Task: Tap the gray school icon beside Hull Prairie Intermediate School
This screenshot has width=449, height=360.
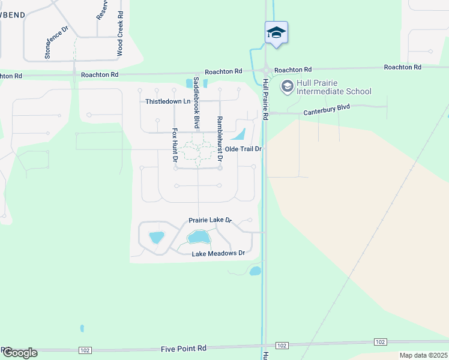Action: click(x=287, y=87)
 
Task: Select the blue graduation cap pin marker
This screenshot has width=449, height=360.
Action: click(x=276, y=32)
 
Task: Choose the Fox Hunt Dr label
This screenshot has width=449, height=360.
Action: click(x=175, y=145)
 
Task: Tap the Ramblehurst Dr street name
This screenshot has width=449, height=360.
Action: click(x=220, y=140)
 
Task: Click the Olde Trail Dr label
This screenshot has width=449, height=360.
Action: click(x=244, y=149)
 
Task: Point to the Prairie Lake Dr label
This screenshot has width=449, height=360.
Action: click(x=210, y=220)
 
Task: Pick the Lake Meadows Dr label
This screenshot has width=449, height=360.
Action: click(x=218, y=254)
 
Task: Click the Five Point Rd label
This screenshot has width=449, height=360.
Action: click(x=184, y=348)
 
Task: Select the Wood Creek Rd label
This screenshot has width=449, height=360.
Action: click(x=120, y=34)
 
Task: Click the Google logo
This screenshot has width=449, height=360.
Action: click(x=20, y=353)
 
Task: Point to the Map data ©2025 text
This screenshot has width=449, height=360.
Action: click(x=423, y=355)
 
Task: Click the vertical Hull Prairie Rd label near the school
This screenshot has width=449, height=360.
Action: click(x=265, y=99)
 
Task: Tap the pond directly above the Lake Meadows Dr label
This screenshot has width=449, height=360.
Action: click(x=199, y=238)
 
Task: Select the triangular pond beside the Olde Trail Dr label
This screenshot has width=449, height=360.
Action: click(x=239, y=134)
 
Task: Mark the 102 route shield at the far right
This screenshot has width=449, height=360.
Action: click(x=379, y=341)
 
